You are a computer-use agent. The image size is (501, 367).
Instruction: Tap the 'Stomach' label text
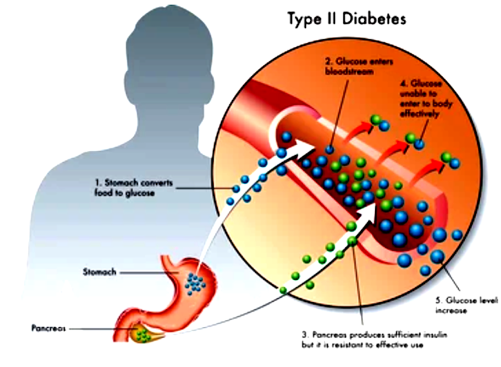click(x=99, y=272)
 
